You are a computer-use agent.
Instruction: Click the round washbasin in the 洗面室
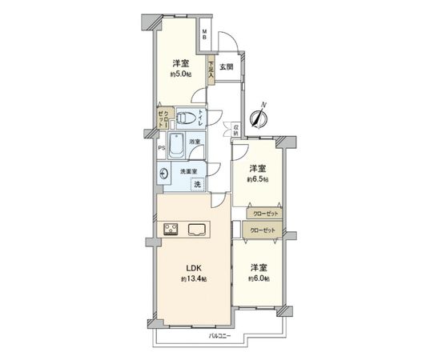(165, 174)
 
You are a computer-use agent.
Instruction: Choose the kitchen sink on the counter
(196, 230)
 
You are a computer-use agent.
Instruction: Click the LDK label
(193, 268)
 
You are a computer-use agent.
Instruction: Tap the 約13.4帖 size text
(193, 279)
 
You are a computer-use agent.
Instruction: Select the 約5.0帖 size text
(179, 74)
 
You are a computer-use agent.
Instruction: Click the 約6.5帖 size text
(257, 180)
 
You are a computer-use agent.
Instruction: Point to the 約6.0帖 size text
(257, 278)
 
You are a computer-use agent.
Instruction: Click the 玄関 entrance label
(227, 66)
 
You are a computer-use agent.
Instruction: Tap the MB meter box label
(204, 34)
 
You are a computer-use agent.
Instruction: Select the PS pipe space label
(161, 148)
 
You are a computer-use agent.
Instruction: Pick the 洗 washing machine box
(197, 185)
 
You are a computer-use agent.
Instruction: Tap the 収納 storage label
(236, 129)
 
